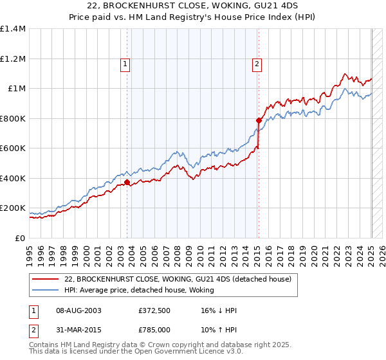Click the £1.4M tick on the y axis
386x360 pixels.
click(13, 29)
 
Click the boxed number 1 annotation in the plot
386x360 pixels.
click(124, 64)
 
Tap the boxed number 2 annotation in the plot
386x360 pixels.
click(257, 64)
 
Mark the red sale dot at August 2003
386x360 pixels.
click(127, 183)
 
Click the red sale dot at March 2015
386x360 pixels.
click(258, 120)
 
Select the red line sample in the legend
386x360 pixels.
click(45, 279)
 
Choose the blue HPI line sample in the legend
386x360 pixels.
click(45, 290)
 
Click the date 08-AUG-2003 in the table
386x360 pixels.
click(78, 310)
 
